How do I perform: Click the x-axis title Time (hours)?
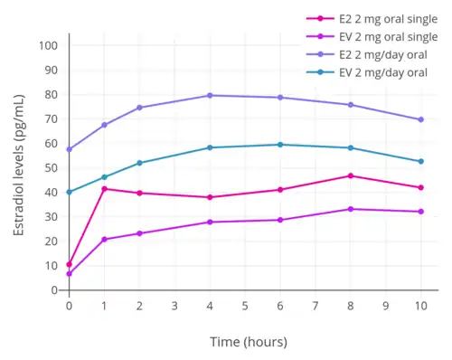coord(248,341)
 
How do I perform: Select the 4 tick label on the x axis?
coord(210,306)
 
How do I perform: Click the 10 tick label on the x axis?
coord(420,306)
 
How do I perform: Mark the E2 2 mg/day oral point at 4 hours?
coord(210,95)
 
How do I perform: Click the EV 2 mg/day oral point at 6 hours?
coord(280,145)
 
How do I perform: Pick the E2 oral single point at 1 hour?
coord(105,189)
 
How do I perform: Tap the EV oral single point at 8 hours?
coord(350,209)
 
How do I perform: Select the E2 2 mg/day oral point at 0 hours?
coord(70,149)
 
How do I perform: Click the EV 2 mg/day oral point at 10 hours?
coord(420,161)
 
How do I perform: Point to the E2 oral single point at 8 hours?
coord(350,175)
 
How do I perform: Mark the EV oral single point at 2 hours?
coord(139,233)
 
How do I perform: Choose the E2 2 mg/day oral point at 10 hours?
coord(420,119)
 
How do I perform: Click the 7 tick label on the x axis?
coord(315,306)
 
